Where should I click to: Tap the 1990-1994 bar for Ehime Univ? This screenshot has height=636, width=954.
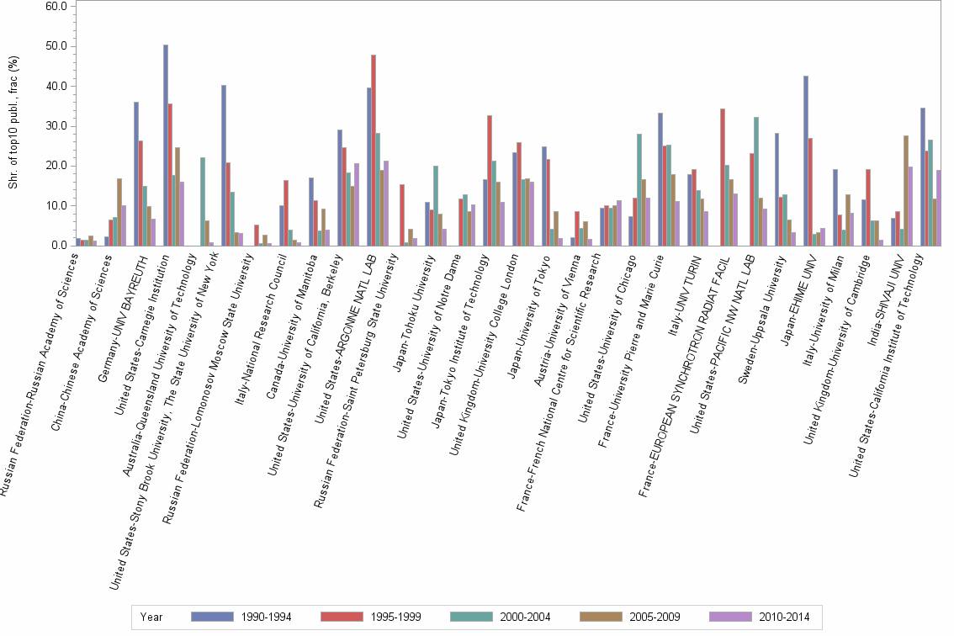(806, 161)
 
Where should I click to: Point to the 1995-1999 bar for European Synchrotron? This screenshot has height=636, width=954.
(723, 177)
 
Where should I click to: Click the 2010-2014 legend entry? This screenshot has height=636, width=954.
(782, 617)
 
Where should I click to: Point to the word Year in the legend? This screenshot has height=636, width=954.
(152, 617)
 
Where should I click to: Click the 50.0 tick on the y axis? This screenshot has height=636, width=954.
(56, 46)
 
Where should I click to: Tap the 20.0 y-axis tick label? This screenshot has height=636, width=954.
(56, 166)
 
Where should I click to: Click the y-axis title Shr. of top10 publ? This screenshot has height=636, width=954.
(13, 122)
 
